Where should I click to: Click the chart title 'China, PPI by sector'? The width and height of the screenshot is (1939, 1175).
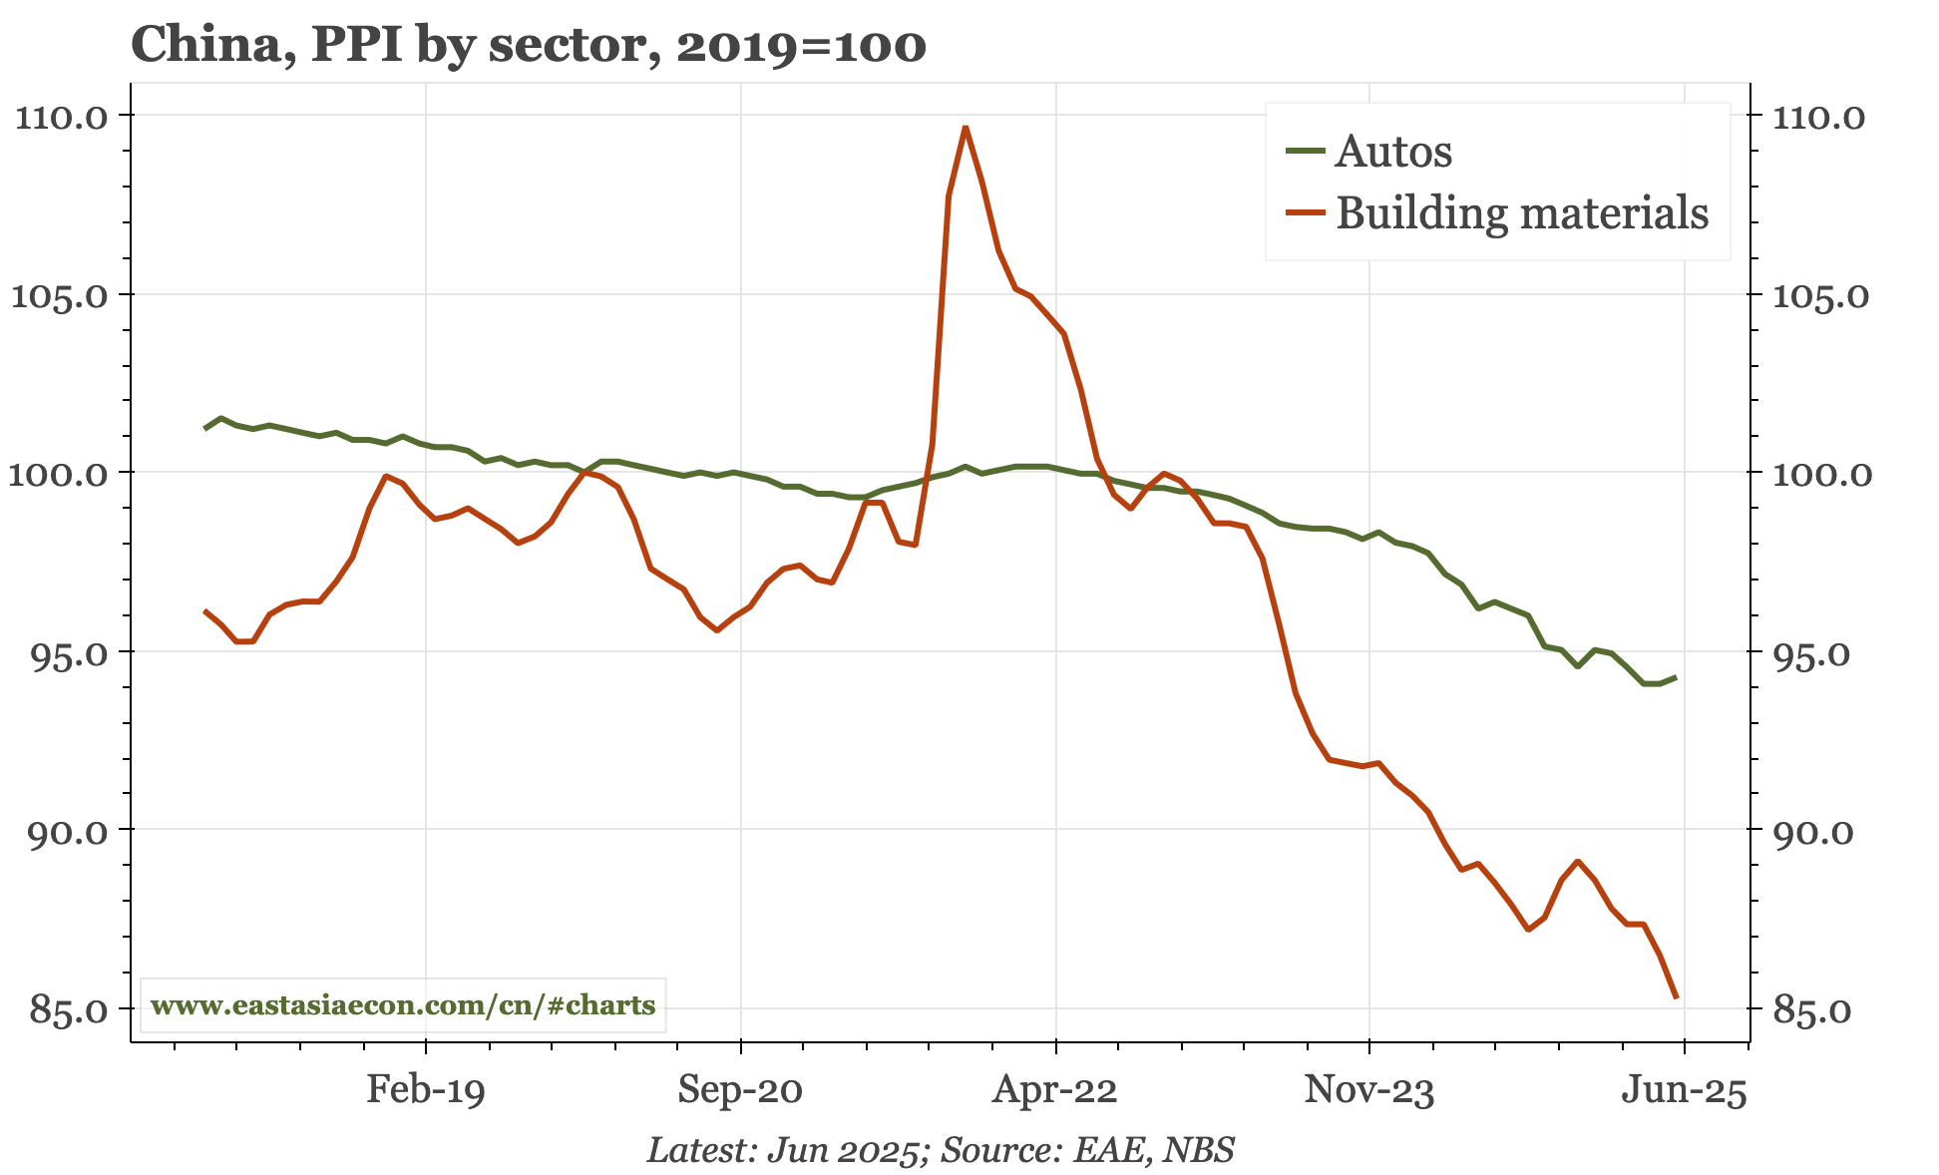[x=529, y=45]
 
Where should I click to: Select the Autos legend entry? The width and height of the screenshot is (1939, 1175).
[x=1392, y=152]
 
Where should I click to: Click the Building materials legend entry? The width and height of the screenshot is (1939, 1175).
[x=1521, y=213]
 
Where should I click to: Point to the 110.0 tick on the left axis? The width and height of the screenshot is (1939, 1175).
[x=59, y=117]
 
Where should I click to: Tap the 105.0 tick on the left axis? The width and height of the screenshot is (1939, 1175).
[x=59, y=295]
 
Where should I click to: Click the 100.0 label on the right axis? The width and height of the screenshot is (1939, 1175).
[x=1821, y=474]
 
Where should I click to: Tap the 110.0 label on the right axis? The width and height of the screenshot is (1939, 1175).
[x=1817, y=117]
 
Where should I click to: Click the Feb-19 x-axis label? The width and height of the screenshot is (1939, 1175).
[x=426, y=1089]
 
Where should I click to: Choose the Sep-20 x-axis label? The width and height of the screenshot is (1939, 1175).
[x=740, y=1089]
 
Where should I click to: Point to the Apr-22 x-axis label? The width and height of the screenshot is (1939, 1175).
[x=1054, y=1089]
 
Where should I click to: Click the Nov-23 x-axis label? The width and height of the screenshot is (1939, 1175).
[x=1369, y=1089]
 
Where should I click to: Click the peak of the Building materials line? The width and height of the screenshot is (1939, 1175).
[x=965, y=127]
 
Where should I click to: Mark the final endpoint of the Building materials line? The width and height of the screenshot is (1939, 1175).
[x=1676, y=996]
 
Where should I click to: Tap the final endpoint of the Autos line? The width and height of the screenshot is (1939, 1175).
[x=1676, y=677]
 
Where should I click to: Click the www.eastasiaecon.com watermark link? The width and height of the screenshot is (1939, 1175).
[x=403, y=1004]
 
